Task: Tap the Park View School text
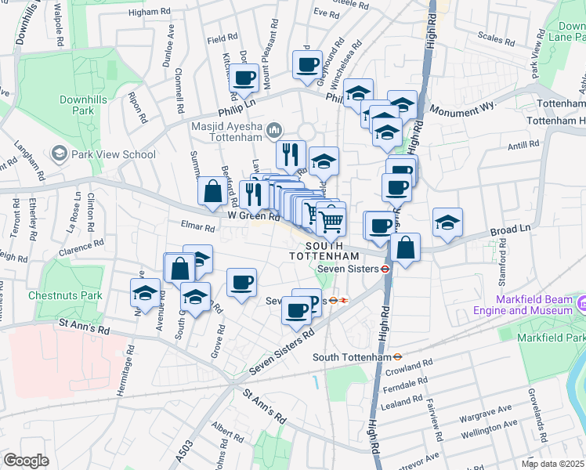pos(114,154)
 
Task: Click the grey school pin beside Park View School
pos(59,154)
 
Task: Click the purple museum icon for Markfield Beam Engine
pos(582,303)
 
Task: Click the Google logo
pos(26,461)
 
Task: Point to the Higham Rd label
pos(149,12)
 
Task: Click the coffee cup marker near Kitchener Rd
pos(244,78)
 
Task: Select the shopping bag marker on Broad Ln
pos(406,249)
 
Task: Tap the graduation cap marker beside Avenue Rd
pos(145,295)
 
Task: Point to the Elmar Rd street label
pos(198,228)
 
